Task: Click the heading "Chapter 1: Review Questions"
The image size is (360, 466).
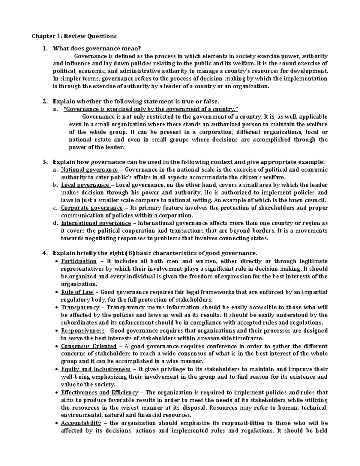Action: click(74, 36)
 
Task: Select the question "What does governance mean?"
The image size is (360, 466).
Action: click(96, 48)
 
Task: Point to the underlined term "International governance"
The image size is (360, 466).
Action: click(96, 223)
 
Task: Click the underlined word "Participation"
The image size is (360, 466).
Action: click(79, 261)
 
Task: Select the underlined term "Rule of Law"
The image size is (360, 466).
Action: click(77, 292)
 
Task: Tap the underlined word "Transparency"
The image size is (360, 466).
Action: click(80, 308)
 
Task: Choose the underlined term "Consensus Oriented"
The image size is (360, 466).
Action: click(88, 346)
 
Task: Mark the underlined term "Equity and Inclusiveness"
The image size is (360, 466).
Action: click(96, 369)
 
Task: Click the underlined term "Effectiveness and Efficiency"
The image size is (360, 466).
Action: click(100, 392)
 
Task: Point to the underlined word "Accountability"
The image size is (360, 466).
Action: click(81, 423)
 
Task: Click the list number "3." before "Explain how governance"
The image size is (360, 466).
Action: click(45, 162)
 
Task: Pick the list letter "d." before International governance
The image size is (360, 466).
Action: click(55, 223)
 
